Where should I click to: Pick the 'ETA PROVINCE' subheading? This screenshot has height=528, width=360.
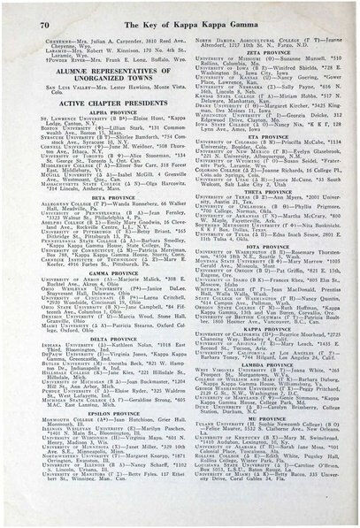tap(266, 138)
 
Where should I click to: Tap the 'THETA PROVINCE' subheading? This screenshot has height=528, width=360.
tap(266, 191)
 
